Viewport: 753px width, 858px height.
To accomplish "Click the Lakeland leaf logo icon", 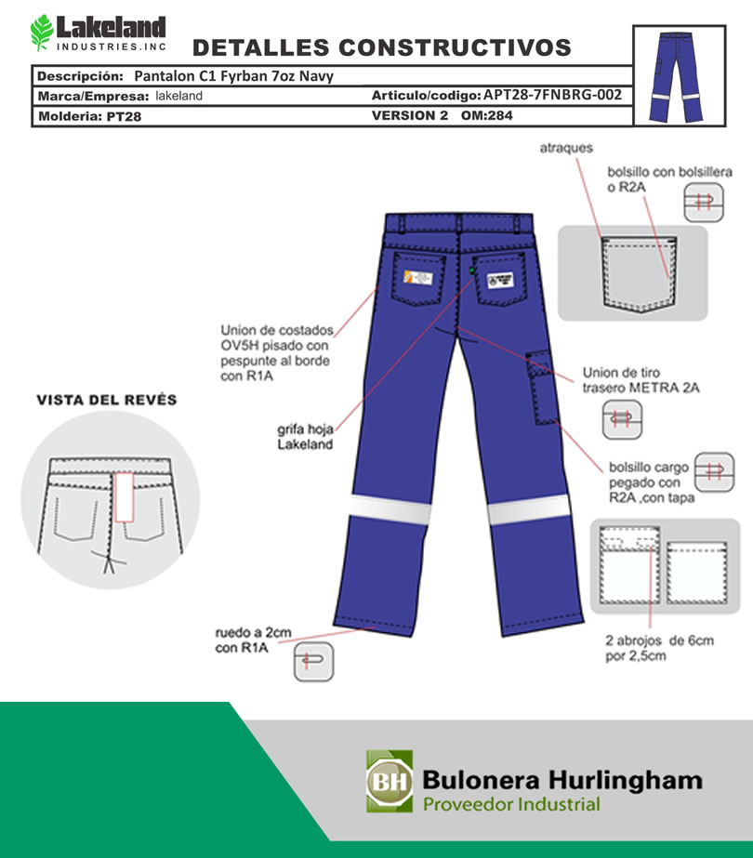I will pos(42,33).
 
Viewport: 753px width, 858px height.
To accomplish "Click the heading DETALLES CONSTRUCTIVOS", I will pos(381,47).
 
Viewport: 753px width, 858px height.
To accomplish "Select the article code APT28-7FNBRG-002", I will pos(552,95).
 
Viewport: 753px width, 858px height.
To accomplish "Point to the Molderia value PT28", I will pos(124,117).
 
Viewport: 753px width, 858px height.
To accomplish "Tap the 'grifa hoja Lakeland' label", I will pos(305,437).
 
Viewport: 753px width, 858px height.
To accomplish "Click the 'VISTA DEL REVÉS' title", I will pos(106,400).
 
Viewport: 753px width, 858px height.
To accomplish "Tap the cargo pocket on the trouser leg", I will pos(539,385).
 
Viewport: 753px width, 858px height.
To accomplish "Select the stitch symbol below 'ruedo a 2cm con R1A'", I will pos(313,662).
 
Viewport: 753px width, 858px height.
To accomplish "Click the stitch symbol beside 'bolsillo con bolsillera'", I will pos(704,203).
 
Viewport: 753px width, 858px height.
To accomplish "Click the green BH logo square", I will pos(390,780).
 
